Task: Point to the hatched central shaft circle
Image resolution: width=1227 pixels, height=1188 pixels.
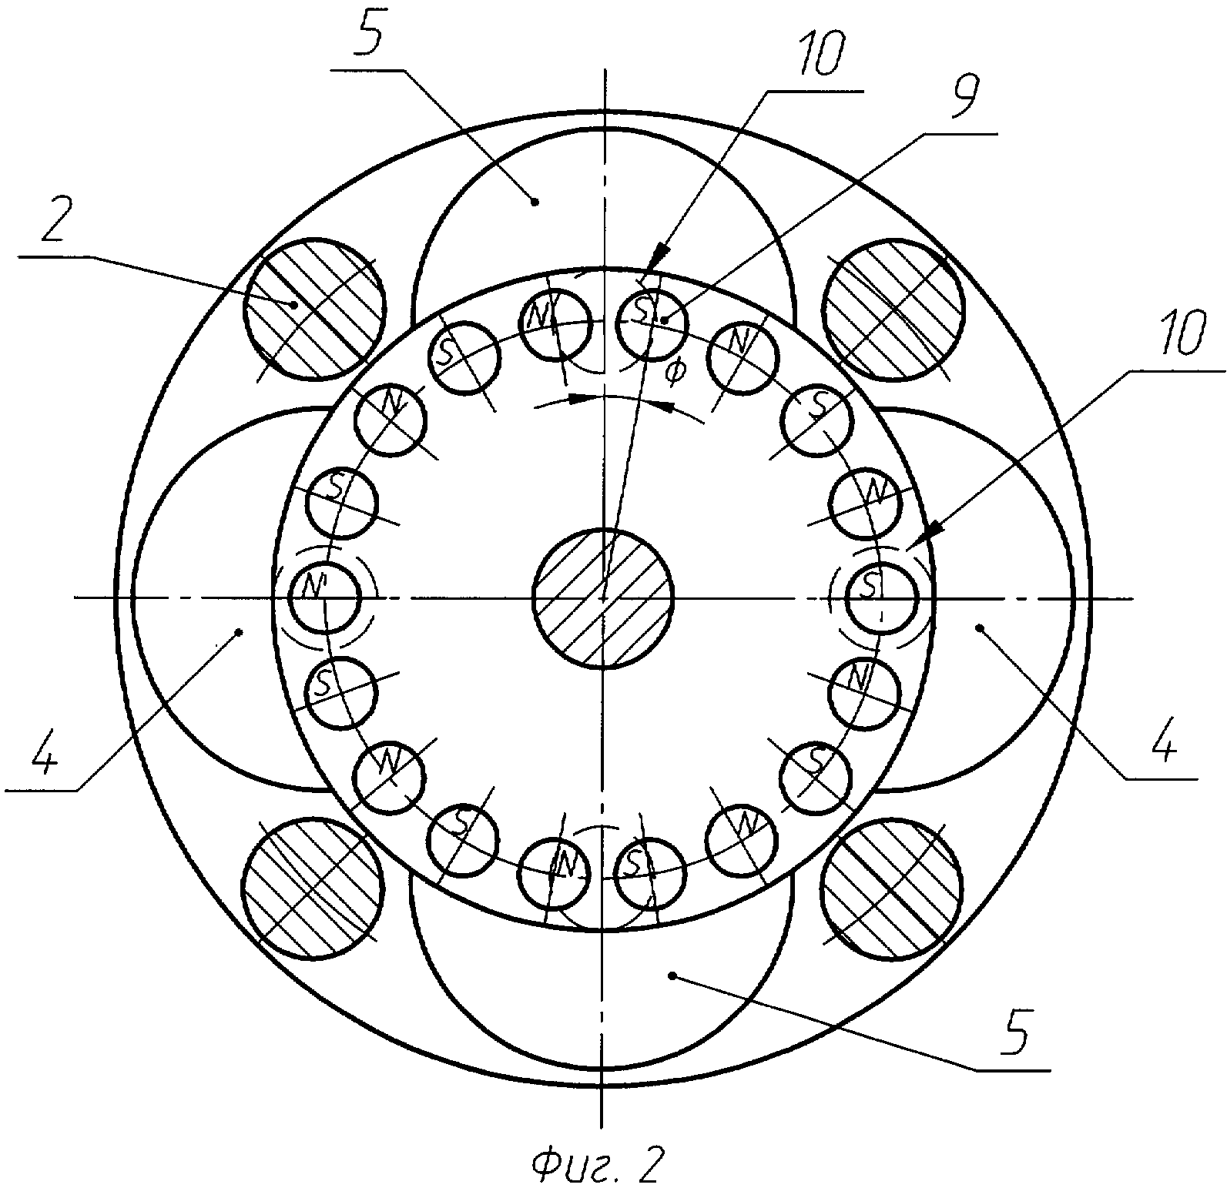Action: pyautogui.click(x=603, y=597)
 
